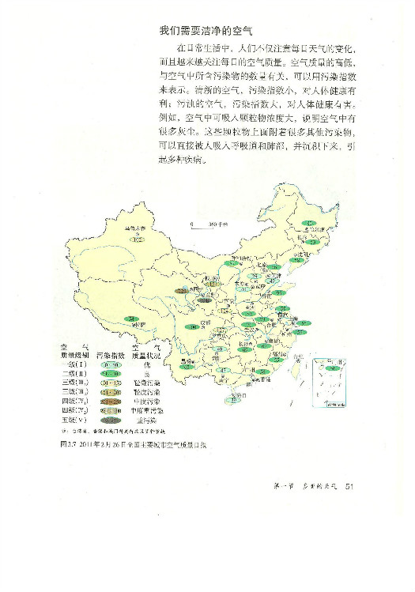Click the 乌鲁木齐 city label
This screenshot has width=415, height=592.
[x=136, y=229]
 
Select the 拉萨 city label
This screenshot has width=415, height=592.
[x=137, y=325]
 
